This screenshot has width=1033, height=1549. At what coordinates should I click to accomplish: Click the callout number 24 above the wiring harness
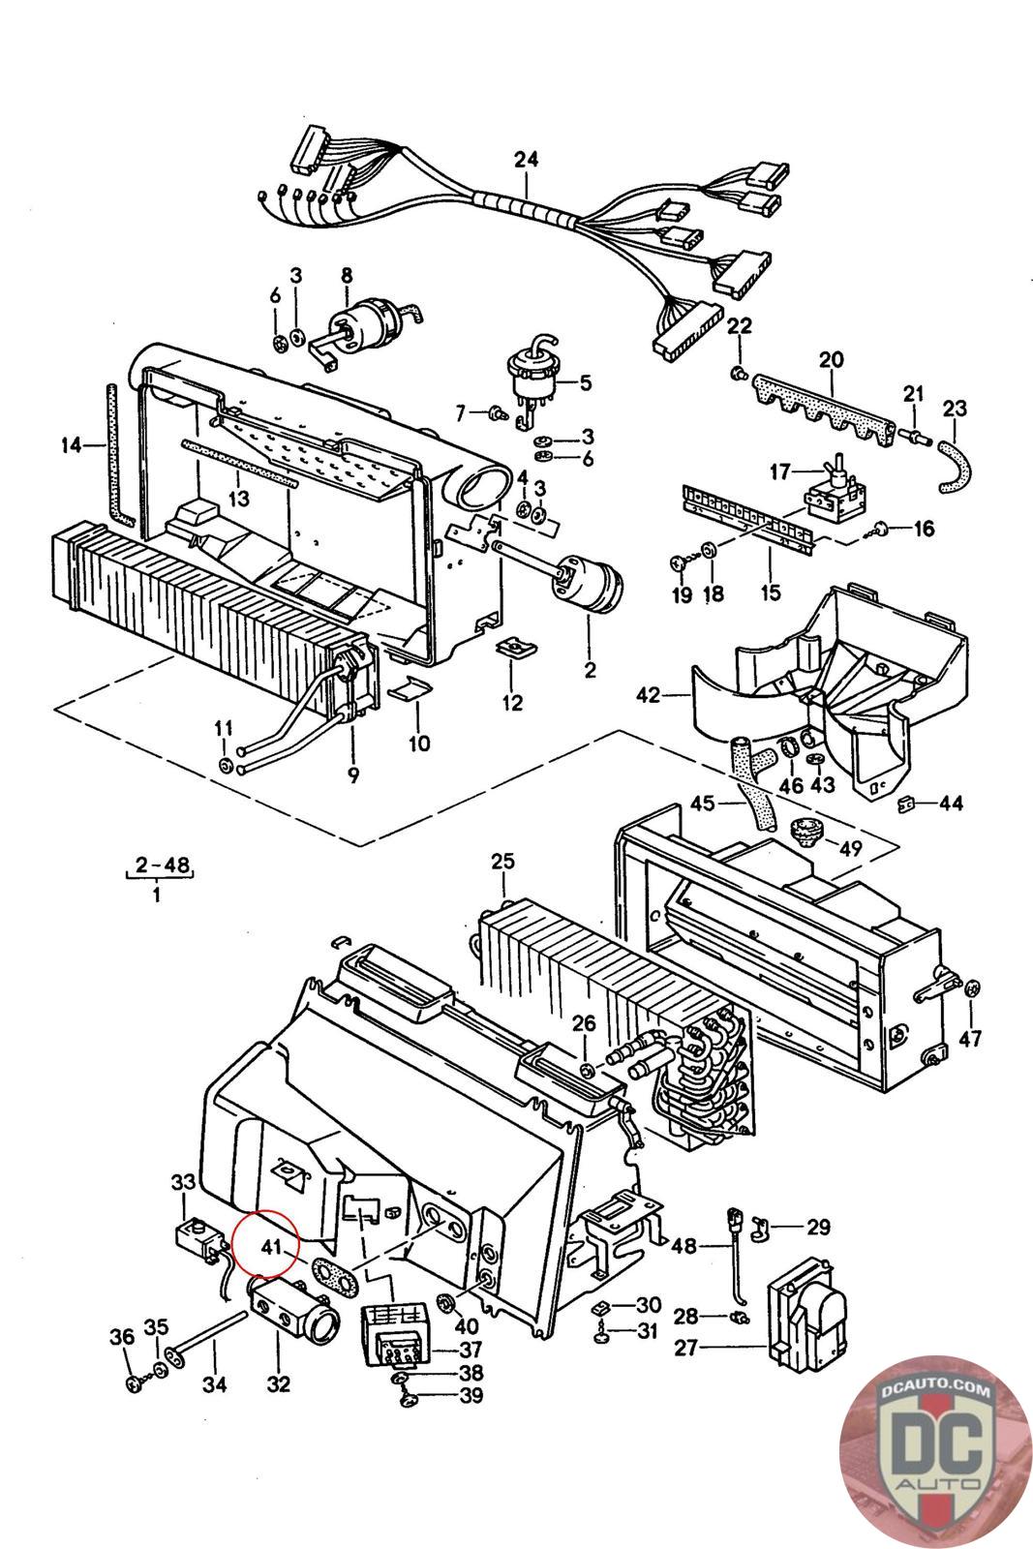pos(526,159)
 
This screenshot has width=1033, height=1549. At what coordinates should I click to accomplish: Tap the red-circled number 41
pos(270,1246)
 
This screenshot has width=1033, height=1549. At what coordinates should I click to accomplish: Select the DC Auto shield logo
pos(936,1451)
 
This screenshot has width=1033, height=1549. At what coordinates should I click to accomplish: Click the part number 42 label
pos(648,694)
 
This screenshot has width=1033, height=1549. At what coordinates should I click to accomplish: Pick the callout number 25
pos(502,861)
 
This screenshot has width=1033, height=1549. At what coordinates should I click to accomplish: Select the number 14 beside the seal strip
pos(70,446)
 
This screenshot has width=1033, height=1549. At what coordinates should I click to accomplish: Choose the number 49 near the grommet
pos(850,848)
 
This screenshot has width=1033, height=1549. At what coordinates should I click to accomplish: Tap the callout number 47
pos(970,1038)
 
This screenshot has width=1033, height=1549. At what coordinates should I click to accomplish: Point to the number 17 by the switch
pos(780,472)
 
